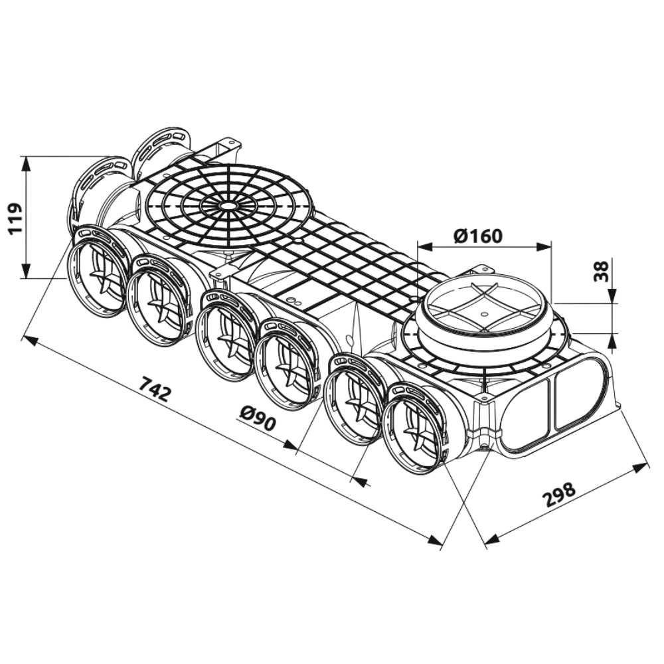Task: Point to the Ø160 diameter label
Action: tap(478, 236)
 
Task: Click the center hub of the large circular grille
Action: tap(228, 207)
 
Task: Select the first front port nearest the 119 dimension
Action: tap(100, 272)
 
